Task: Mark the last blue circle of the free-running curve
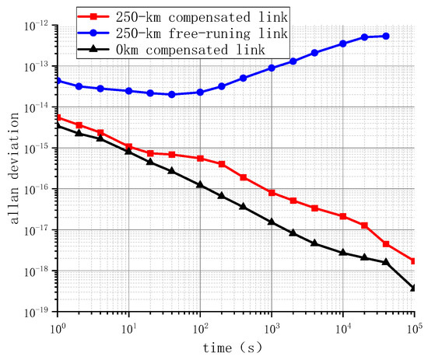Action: pos(387,36)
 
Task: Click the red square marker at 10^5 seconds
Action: pos(414,261)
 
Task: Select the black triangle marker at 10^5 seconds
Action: pos(414,288)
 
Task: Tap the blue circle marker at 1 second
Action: pos(58,80)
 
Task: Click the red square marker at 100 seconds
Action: pos(200,159)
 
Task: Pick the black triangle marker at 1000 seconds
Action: pos(272,222)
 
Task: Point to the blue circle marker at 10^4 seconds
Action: pos(343,44)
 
